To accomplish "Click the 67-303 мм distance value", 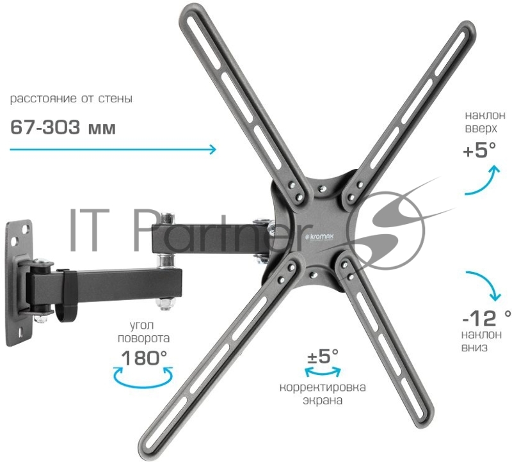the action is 63,127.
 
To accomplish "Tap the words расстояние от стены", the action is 71,99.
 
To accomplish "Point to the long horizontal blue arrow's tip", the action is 216,149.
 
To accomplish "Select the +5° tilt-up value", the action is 479,150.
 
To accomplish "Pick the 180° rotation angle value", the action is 144,358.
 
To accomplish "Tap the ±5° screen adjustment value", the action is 323,356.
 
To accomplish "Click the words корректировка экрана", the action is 323,394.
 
